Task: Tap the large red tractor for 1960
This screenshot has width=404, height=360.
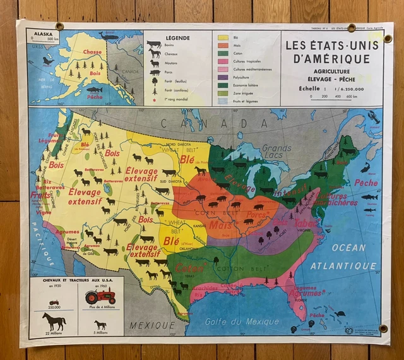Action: coord(100,295)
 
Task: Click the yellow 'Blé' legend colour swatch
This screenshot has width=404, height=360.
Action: coord(223,37)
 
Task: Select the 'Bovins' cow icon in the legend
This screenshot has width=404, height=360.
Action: coord(153,45)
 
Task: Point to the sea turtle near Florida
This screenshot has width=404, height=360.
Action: coord(340,313)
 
